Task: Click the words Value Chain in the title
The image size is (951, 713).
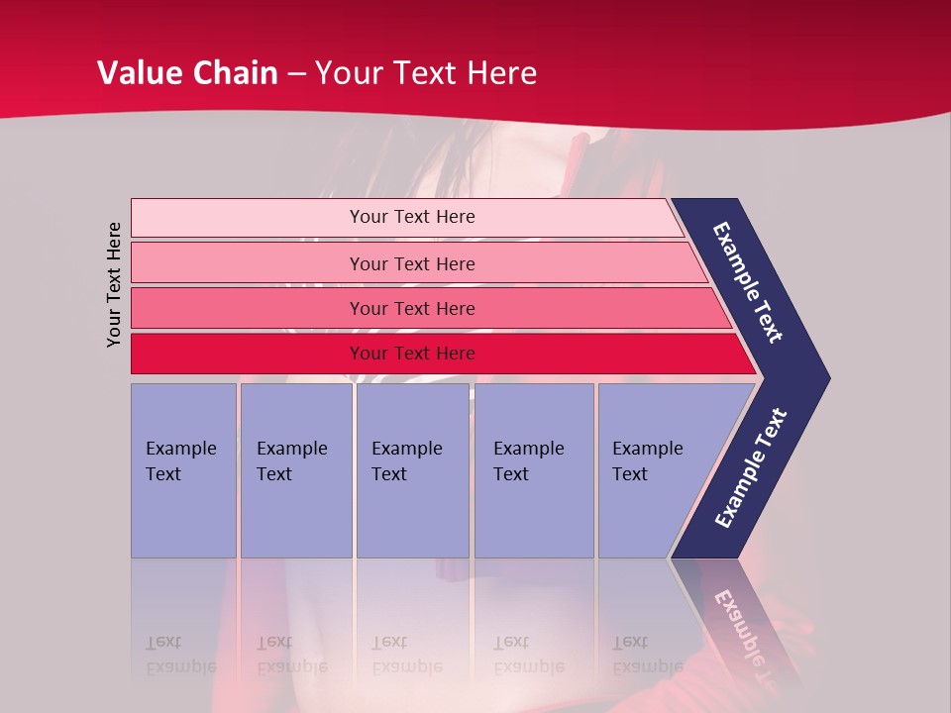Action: [187, 73]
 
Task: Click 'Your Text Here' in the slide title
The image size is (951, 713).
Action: [426, 73]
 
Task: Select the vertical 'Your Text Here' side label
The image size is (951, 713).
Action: [114, 284]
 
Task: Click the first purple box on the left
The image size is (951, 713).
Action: [183, 470]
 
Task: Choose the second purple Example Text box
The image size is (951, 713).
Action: [295, 470]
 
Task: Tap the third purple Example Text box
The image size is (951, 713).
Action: [411, 470]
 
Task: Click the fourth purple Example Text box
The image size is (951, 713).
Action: [533, 470]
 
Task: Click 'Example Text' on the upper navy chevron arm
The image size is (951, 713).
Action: [748, 282]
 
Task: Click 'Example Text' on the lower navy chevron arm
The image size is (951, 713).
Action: [750, 468]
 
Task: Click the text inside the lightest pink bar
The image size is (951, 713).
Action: [412, 217]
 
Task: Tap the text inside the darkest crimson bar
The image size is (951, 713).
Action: [412, 354]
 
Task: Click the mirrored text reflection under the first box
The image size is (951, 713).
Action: [180, 655]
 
